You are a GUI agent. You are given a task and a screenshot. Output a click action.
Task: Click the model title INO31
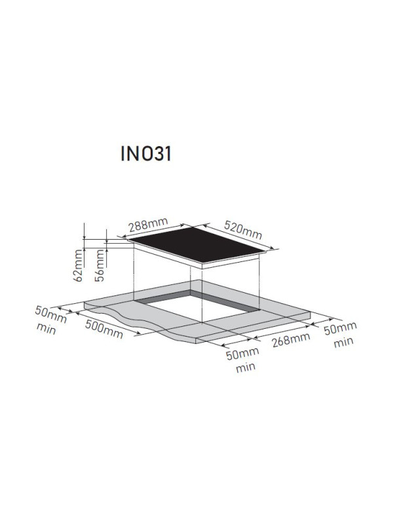[146, 154]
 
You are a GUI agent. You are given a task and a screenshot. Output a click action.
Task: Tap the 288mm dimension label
[149, 225]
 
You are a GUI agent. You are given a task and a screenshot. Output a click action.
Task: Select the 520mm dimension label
[243, 230]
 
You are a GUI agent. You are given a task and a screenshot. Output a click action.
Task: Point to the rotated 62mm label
[79, 265]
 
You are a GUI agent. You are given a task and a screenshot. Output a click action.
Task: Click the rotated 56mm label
[100, 265]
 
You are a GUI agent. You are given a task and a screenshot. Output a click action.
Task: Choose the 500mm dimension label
[104, 329]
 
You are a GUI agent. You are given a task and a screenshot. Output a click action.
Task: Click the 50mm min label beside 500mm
[50, 320]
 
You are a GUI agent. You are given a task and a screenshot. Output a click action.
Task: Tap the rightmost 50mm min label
[340, 335]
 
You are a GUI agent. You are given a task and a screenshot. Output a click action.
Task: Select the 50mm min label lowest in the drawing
[242, 360]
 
